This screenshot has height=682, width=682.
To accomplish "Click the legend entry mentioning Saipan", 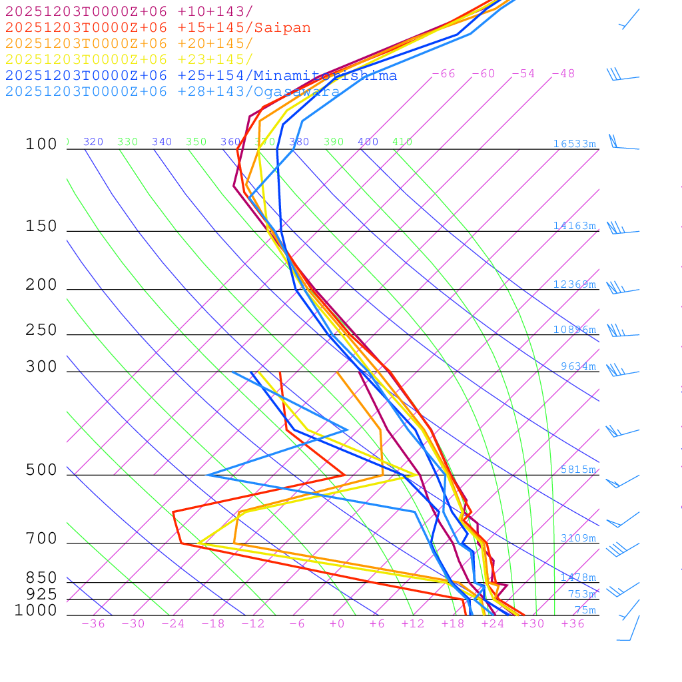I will click(158, 28).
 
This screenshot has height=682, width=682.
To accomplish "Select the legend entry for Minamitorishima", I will click(201, 76).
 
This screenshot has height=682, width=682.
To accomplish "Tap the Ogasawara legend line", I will click(173, 92).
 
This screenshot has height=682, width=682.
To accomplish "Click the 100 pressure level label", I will click(41, 144).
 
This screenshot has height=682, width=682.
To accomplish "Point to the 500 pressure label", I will click(41, 470).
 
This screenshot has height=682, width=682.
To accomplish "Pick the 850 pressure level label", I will click(41, 578).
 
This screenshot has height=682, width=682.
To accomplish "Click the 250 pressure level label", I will click(41, 330).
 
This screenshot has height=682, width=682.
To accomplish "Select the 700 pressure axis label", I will click(41, 538).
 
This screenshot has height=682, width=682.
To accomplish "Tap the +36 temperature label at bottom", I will click(573, 624).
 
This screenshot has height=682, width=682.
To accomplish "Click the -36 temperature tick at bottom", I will click(93, 624).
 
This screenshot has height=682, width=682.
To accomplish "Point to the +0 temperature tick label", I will click(337, 624).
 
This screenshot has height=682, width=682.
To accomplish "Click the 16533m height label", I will click(575, 144).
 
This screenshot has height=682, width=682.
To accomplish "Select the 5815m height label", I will click(578, 470).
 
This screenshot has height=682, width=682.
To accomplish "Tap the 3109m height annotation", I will click(578, 538).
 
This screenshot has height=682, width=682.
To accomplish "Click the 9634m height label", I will click(578, 366).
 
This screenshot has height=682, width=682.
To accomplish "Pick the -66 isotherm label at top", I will click(444, 74).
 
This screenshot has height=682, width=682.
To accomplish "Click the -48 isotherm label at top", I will click(563, 74).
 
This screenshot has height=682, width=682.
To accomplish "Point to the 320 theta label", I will click(93, 142).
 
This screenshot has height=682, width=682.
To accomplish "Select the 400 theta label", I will click(368, 142).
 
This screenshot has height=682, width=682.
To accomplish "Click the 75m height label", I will click(585, 610).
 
